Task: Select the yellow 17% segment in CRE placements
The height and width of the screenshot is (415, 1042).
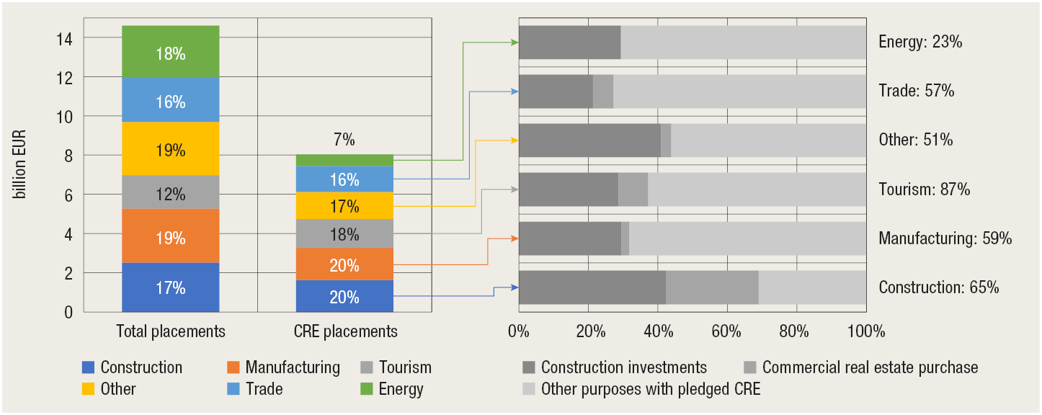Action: (x=344, y=206)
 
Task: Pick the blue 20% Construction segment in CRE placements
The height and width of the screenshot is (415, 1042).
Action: (x=344, y=296)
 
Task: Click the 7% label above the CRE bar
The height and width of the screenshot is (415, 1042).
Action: (x=344, y=140)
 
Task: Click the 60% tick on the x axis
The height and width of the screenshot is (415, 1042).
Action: (x=726, y=331)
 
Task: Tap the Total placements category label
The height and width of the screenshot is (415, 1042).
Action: (x=171, y=331)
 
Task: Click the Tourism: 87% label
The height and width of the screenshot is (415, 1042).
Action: (x=924, y=189)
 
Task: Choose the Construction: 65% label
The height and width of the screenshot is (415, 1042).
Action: (x=938, y=287)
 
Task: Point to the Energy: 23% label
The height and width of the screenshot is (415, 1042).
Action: (x=920, y=42)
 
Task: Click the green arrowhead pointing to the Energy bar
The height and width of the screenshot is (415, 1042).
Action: (x=515, y=43)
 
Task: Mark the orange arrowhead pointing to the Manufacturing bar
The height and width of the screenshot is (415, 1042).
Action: (x=515, y=238)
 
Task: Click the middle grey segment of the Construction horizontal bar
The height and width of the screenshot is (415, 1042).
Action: (x=712, y=287)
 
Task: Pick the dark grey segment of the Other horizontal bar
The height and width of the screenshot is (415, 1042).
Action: (x=589, y=140)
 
